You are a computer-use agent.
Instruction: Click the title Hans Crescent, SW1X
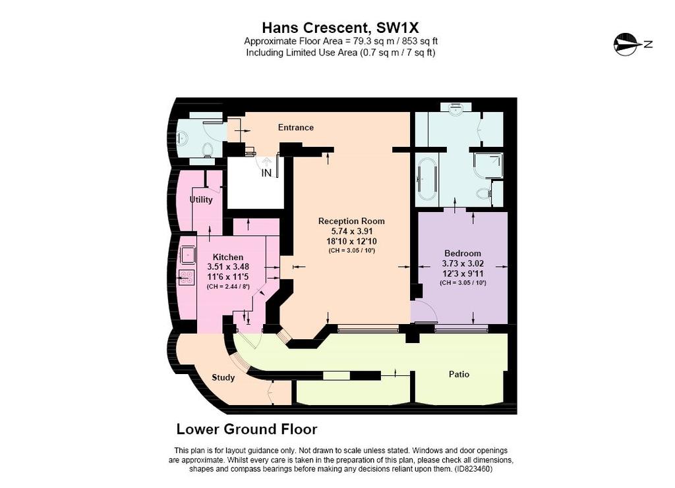[x=340, y=28]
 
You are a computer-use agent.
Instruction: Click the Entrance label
[x=296, y=127]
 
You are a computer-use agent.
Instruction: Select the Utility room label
[x=201, y=200]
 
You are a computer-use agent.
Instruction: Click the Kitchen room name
[x=228, y=257]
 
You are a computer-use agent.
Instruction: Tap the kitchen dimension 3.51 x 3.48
[x=228, y=267]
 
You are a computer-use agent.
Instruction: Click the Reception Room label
[x=351, y=221]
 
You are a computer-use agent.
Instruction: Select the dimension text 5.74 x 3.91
[x=351, y=231]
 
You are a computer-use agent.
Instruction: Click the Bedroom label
[x=463, y=254]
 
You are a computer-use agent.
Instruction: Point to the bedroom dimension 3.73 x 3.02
[x=463, y=263]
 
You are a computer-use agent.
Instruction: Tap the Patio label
[x=459, y=374]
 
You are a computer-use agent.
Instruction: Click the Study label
[x=223, y=377]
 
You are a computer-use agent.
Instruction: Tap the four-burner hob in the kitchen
[x=187, y=277]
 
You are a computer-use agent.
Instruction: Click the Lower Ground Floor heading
[x=247, y=429]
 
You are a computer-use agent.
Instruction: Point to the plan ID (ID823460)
[x=473, y=469]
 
